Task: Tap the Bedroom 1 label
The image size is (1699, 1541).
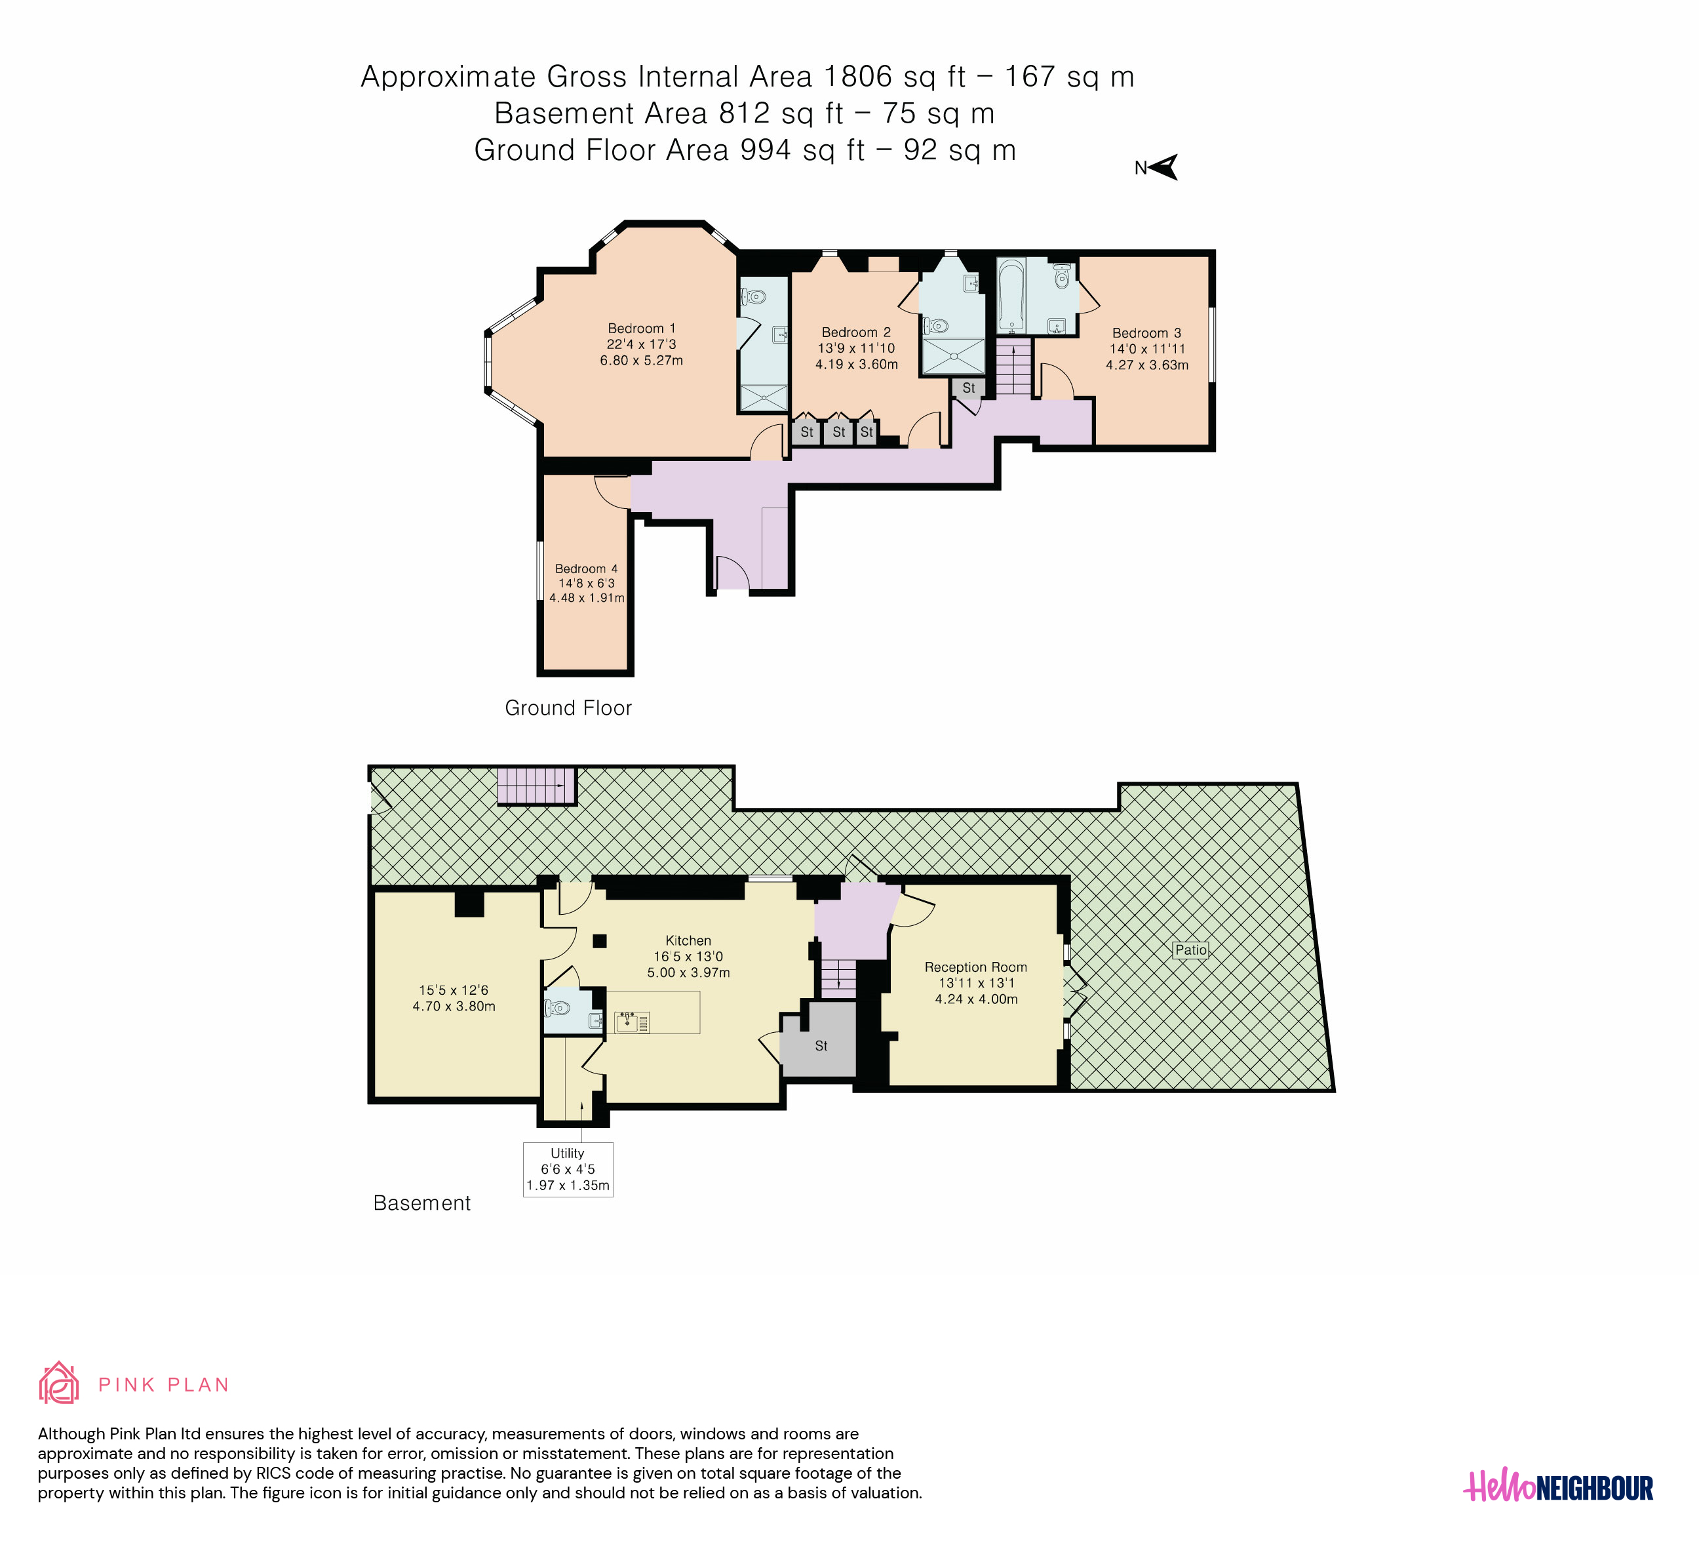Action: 641,328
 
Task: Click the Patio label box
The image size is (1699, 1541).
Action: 1191,950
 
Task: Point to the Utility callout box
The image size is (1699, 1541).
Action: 568,1169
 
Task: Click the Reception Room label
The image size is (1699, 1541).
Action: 976,967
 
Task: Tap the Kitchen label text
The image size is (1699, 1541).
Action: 688,940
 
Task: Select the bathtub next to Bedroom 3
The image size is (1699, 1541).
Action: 1011,295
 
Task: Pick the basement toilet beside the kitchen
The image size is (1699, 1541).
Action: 557,1007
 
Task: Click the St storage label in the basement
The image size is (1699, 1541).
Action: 821,1045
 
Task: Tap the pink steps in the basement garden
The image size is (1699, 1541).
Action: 537,786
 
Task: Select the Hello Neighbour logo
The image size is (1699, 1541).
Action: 1557,1488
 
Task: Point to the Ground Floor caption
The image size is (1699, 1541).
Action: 568,708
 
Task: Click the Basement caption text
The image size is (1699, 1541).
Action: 421,1203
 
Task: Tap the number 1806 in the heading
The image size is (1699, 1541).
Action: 858,77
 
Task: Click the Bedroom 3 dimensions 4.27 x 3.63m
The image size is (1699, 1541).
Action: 1147,365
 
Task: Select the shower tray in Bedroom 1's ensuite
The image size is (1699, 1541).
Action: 764,398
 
